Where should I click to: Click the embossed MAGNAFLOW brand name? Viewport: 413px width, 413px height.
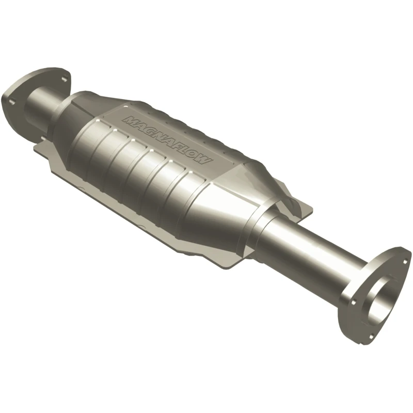[x=167, y=140]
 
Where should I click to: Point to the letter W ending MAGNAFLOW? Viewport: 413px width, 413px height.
[x=205, y=161]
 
